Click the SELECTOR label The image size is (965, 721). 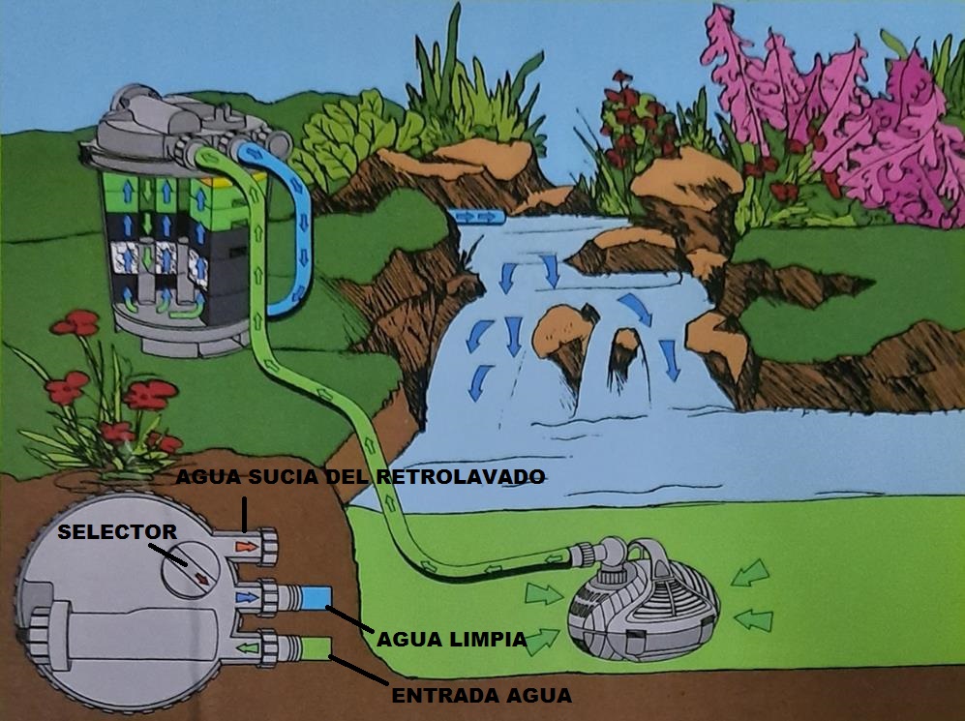(x=116, y=531)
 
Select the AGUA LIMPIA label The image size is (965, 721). (x=451, y=639)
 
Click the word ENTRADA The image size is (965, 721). (x=435, y=695)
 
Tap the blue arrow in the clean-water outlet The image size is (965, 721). (x=249, y=597)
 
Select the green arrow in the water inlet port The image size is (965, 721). (x=249, y=646)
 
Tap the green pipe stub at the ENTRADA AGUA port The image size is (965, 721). (x=315, y=646)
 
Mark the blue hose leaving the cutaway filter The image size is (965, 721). (x=289, y=232)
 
